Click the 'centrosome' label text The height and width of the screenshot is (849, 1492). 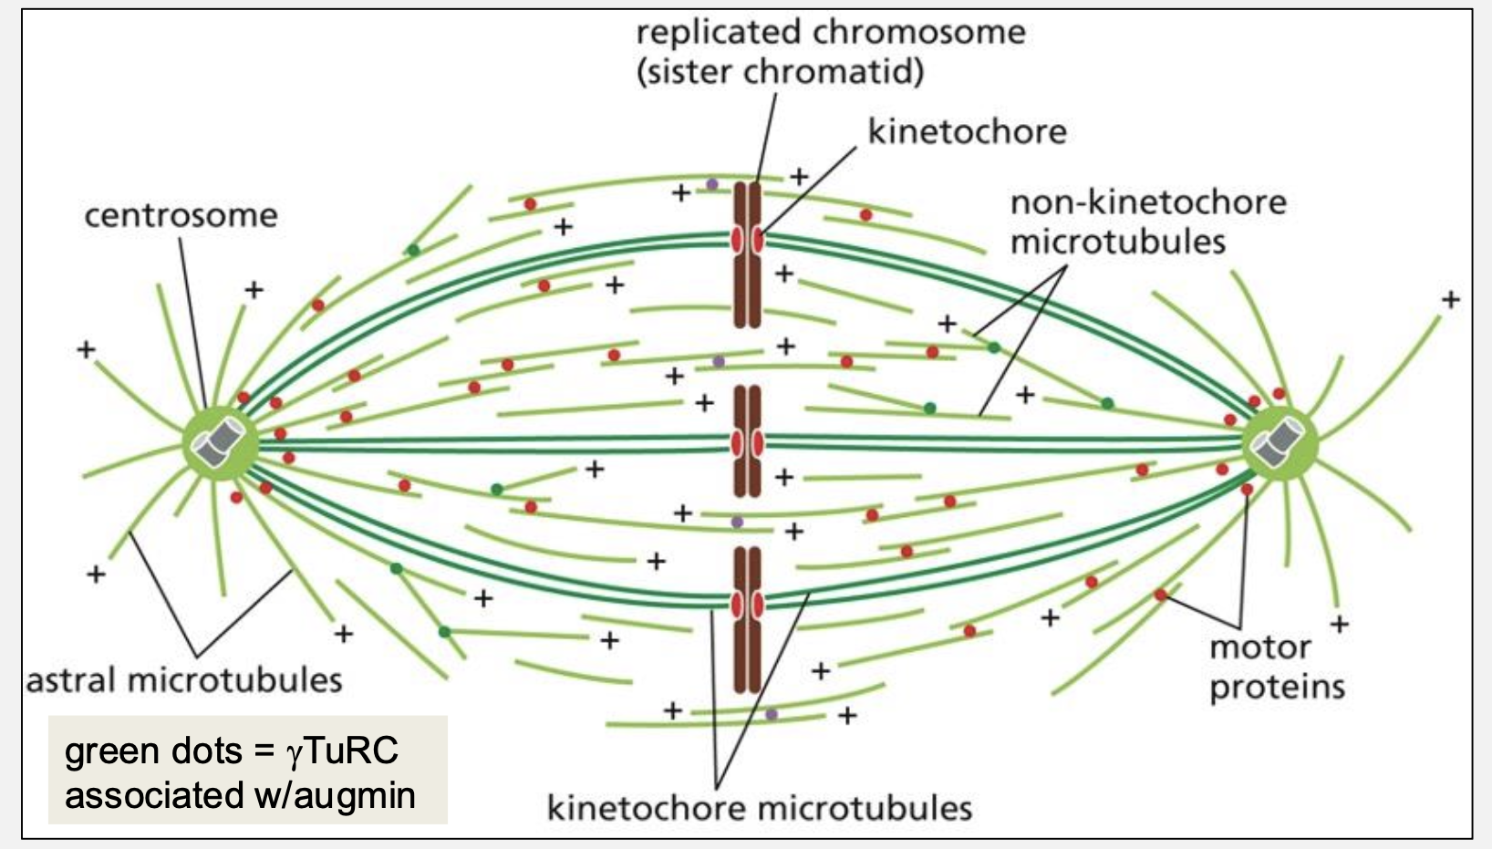[x=181, y=216]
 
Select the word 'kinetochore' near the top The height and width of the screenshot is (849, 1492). [x=967, y=132]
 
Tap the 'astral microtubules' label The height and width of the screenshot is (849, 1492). [x=184, y=681]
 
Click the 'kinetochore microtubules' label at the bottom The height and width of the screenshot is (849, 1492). [x=759, y=808]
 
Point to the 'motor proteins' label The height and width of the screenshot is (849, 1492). [x=1276, y=667]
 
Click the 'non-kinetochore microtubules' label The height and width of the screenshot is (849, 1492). [x=1147, y=222]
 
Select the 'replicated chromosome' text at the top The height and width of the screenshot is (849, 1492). [x=830, y=33]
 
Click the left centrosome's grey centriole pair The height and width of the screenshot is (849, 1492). [x=219, y=444]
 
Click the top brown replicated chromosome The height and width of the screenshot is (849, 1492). [x=747, y=255]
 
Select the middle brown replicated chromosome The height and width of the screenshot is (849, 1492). [x=747, y=442]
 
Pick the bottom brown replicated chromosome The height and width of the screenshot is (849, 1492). [x=747, y=620]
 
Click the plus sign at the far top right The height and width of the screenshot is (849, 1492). [x=1450, y=299]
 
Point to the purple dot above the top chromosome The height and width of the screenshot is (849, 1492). [x=712, y=184]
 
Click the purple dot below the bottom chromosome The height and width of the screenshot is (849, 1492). [x=772, y=714]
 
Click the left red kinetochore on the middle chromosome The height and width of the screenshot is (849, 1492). [x=736, y=443]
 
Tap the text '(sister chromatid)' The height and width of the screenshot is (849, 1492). [x=780, y=72]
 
